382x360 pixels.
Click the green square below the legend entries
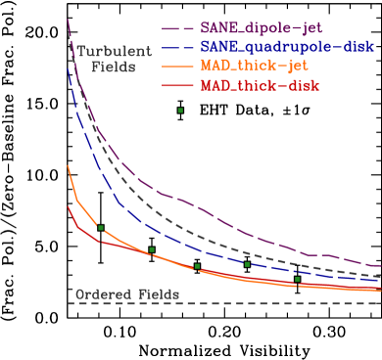coord(180,111)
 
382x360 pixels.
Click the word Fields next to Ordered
coord(159,293)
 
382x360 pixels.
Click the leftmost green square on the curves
coord(101,228)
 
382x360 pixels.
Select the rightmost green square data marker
coord(298,280)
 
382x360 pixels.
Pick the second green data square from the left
coord(152,250)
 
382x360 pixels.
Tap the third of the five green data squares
coord(197,266)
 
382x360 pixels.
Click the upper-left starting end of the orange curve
coord(68,167)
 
